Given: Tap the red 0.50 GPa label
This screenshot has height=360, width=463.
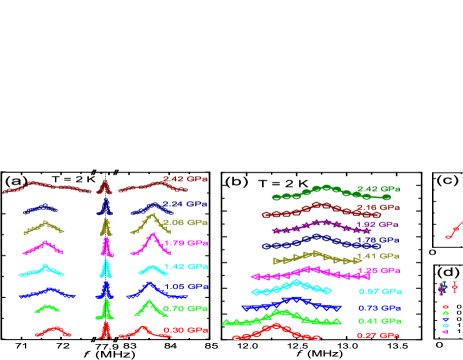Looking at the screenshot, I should (x=186, y=330).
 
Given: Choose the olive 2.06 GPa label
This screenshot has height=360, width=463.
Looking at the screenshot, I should (x=186, y=222).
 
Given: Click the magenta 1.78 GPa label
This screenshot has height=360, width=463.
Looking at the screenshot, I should (x=186, y=243).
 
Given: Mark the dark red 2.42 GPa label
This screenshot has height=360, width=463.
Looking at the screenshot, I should (x=186, y=180).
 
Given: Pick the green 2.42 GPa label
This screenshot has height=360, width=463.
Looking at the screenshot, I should (x=379, y=189).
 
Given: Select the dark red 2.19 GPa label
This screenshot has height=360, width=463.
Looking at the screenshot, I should (x=379, y=207).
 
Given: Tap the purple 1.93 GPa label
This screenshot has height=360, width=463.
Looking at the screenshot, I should (x=379, y=224).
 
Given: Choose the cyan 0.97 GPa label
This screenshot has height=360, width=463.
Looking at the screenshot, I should (x=379, y=291).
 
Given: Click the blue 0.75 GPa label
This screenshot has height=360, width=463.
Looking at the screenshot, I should (x=379, y=308).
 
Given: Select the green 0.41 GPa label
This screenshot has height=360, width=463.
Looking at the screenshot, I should (x=379, y=321).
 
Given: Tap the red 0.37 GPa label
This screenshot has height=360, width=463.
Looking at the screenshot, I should (x=379, y=335).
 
